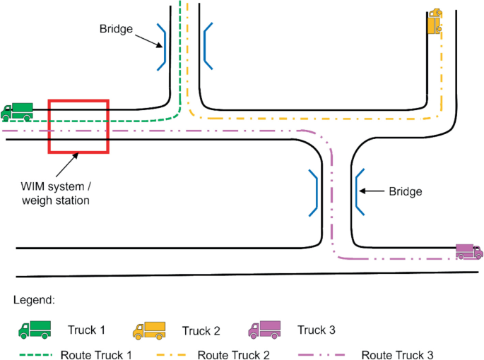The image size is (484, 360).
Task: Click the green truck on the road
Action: pos(16,110)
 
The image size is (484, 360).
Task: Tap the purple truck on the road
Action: pos(468,251)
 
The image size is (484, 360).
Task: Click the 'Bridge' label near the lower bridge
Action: pos(406,191)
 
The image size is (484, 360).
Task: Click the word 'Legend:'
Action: pos(34,300)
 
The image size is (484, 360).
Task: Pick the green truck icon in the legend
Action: pos(35,329)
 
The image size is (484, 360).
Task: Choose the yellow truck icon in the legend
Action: pos(149,330)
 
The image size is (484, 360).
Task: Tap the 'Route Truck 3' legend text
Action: pos(399,354)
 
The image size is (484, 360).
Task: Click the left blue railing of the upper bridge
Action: pos(162,47)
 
